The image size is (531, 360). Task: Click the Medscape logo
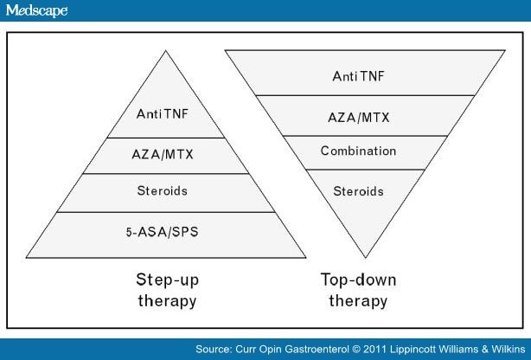coord(36,10)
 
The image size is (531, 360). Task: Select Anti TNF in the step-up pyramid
coord(163,114)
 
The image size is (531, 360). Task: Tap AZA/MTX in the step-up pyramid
coord(163,155)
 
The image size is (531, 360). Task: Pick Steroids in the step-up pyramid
coord(163,191)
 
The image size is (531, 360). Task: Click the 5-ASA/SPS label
coord(163,232)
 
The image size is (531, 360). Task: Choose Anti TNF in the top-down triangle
coord(358,76)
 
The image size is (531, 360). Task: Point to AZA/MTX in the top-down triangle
coord(359,118)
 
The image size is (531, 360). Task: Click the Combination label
coord(358,151)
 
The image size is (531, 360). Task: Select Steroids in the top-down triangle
coord(358,191)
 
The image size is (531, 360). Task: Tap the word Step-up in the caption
coord(167,280)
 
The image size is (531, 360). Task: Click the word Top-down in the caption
coord(358,280)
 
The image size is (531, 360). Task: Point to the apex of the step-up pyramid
coord(165,51)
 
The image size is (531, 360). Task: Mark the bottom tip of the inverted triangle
coord(366,258)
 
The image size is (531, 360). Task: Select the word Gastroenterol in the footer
coord(317,349)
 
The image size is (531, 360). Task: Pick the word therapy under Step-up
coord(167,301)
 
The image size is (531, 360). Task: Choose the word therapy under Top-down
coord(358,301)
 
